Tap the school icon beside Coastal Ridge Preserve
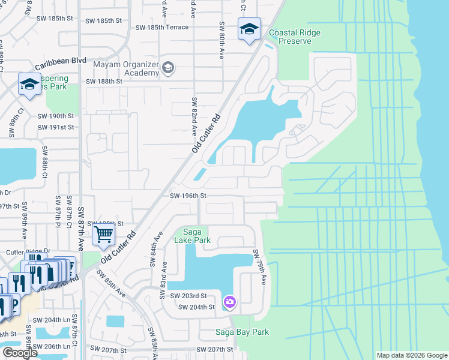coord(249,29)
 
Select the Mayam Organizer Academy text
coord(125,68)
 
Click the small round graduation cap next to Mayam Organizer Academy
coord(169,68)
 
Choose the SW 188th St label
coord(104,82)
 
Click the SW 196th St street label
coord(188,196)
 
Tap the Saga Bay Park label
coord(242,332)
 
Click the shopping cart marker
coord(103,235)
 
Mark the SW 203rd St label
coord(188,296)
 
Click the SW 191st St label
coord(56,127)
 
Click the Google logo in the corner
coord(20,353)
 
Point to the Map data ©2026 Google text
coord(412,355)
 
